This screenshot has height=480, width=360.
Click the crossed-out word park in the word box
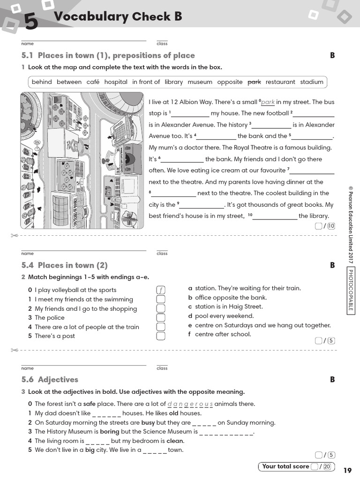254,82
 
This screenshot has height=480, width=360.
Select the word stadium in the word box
312,82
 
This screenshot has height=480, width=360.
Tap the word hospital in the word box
116,82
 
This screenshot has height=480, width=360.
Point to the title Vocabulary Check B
118,17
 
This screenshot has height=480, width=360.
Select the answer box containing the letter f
161,290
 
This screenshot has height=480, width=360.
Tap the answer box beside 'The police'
161,318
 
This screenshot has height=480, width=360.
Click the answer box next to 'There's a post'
161,336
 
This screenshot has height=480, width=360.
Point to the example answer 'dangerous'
190,404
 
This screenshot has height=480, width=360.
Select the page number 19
347,471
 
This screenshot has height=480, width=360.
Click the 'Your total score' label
285,466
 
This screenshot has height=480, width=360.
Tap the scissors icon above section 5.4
14,235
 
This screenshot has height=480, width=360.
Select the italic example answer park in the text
268,102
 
